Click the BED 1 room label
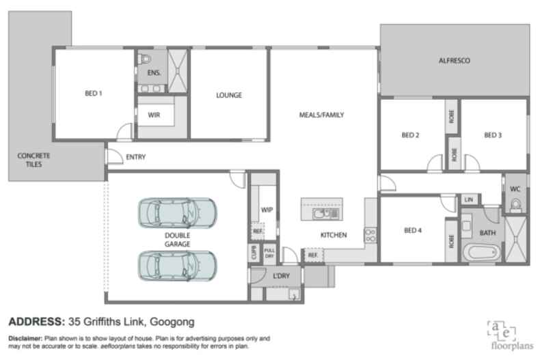coord(93,94)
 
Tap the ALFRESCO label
coord(455,61)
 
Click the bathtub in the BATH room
coord(481,252)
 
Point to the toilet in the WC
coord(515,204)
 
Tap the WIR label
coord(154,115)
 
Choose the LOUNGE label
coord(229,95)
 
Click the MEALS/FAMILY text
coord(321,115)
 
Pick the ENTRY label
coord(136,157)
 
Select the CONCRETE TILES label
coord(33,160)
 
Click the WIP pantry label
coord(267,210)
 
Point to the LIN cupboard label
coord(469,199)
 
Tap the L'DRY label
coord(282,276)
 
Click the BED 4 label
coord(412,230)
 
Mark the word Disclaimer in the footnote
coord(25,339)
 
